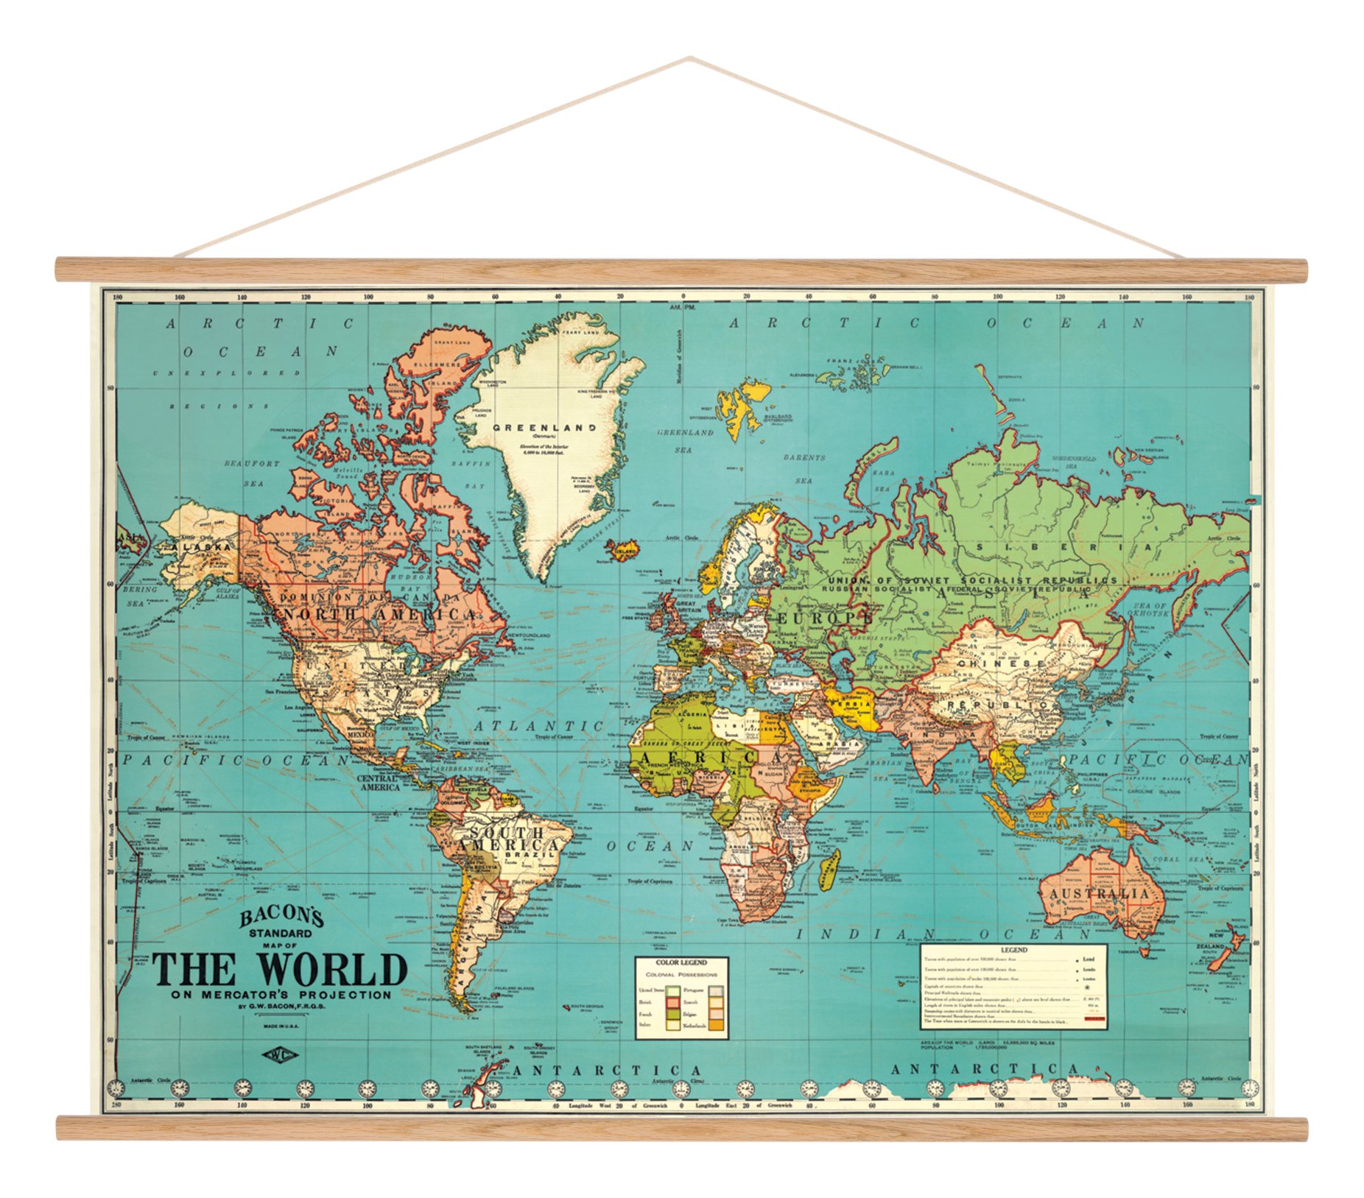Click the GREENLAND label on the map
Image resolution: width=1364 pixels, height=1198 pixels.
(x=544, y=428)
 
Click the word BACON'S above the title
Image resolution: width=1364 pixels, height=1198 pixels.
(x=281, y=917)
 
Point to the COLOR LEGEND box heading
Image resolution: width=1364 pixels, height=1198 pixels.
(x=681, y=962)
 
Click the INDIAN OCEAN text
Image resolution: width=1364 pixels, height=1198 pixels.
(x=942, y=934)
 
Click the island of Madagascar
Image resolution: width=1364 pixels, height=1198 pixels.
(x=829, y=869)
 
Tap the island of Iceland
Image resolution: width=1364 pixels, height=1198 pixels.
(x=622, y=549)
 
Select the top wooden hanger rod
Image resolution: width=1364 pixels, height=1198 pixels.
(x=681, y=269)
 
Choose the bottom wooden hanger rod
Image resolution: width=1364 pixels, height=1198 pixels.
(x=681, y=1128)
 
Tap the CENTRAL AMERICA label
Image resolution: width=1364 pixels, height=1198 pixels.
(x=379, y=782)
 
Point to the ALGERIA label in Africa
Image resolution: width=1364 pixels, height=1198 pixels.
(x=697, y=714)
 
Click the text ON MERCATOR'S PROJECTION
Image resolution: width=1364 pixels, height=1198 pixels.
(x=281, y=995)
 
